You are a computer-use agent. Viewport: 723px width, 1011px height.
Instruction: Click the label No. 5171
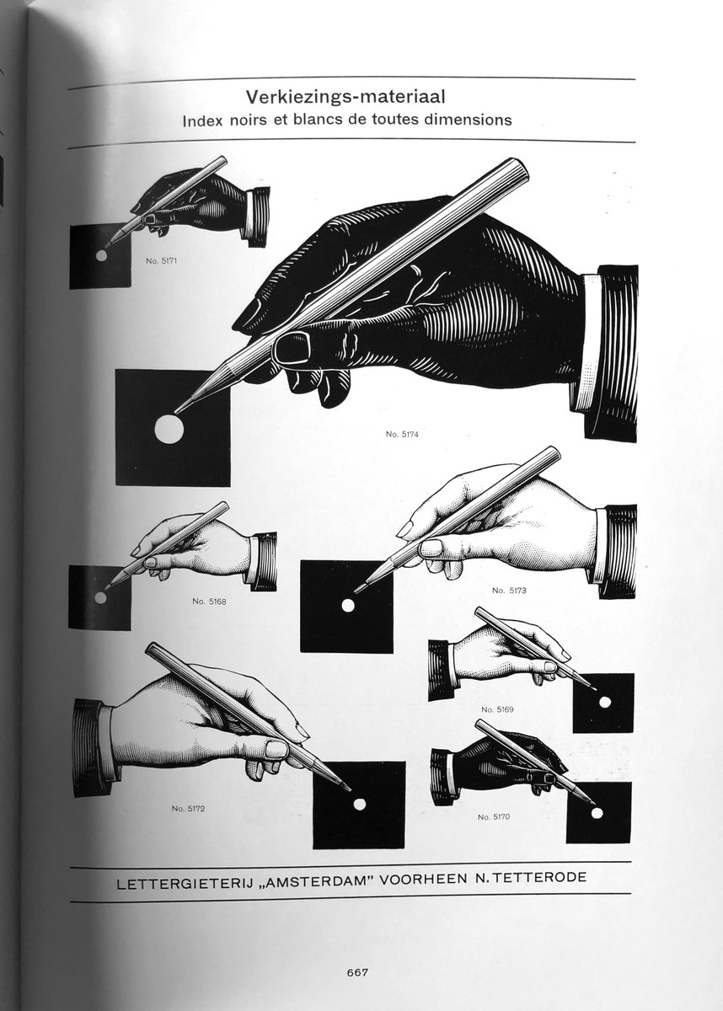162,261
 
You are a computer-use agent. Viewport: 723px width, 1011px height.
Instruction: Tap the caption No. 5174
402,434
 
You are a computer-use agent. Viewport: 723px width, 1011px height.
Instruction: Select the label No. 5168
209,602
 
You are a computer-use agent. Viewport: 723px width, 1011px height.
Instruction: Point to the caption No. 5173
509,591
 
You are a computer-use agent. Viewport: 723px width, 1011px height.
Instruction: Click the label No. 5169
497,709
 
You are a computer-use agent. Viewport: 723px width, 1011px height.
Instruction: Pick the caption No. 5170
494,817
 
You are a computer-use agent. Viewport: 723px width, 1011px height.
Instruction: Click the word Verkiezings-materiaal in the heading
345,98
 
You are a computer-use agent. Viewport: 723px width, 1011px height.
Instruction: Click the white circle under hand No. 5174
169,428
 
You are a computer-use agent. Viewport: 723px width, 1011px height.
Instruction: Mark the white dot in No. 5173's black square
347,606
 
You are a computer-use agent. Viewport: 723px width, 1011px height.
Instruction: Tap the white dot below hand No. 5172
359,804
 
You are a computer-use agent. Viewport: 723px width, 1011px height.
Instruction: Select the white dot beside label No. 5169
605,702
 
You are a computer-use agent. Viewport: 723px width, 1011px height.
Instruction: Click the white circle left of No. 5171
102,255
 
